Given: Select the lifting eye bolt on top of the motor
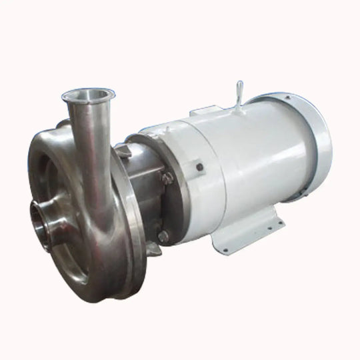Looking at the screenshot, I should pyautogui.click(x=240, y=91).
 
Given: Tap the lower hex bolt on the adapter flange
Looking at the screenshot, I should pyautogui.click(x=163, y=235).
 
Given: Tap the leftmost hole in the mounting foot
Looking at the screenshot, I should pyautogui.click(x=225, y=251).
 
